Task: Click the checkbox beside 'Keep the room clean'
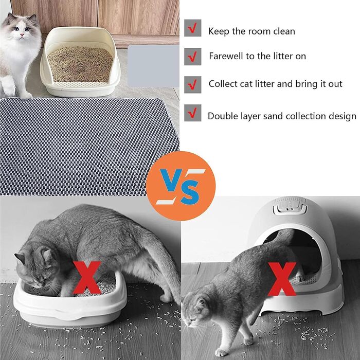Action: [193, 28]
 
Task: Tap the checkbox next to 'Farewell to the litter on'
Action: [193, 57]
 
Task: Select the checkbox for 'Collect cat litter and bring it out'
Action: [193, 85]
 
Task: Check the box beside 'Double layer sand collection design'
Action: [193, 113]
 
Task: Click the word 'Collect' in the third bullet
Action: [223, 84]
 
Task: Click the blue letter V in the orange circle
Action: [171, 180]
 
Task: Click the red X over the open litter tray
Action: [87, 277]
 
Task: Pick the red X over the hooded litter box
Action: [282, 279]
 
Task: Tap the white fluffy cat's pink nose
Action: [22, 34]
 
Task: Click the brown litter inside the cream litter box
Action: [80, 64]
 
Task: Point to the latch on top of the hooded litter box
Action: [290, 206]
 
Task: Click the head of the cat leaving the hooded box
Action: [196, 308]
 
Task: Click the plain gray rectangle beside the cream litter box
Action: [153, 66]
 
